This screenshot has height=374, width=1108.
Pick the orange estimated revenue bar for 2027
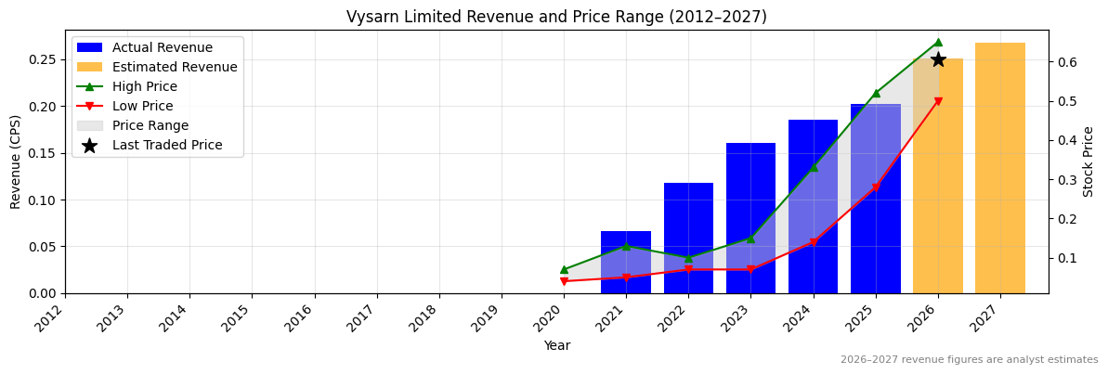[1000, 168]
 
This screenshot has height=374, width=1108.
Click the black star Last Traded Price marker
[938, 59]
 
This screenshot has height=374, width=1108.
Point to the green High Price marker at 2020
[564, 269]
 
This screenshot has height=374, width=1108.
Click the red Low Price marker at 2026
[938, 101]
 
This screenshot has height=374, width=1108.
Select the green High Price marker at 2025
[876, 93]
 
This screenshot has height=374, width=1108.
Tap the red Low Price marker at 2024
[814, 242]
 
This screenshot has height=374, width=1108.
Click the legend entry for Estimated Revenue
[175, 67]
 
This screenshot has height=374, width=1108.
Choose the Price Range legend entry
[150, 125]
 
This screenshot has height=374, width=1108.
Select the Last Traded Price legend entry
[167, 145]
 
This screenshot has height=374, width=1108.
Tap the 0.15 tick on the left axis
[43, 153]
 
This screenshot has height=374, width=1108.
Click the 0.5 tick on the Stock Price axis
[1065, 101]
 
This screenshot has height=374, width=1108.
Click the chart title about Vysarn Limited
[556, 17]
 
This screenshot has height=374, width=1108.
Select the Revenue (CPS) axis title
[16, 161]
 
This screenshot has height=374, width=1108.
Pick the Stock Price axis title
[1088, 161]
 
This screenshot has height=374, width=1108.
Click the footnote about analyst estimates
[969, 360]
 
